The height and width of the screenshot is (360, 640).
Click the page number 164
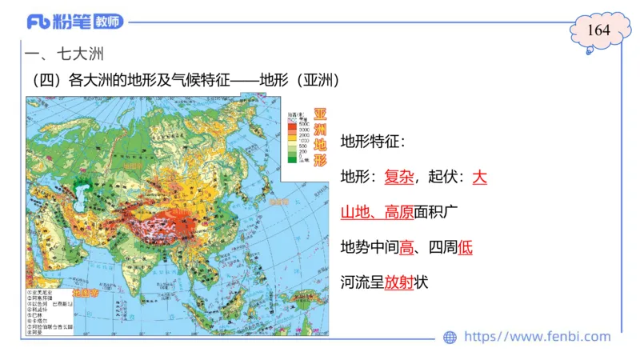tap(598, 30)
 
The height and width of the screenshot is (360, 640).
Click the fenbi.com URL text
tap(537, 337)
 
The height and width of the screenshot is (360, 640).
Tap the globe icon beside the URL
tap(450, 337)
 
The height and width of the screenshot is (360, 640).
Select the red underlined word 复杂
tap(398, 177)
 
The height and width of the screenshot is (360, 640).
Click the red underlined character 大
tap(479, 177)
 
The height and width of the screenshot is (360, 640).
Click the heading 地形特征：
tap(373, 142)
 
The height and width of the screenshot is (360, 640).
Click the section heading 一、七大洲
tap(66, 55)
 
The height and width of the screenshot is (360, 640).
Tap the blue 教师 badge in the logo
tap(110, 22)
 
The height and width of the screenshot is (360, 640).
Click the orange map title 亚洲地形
tap(319, 137)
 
